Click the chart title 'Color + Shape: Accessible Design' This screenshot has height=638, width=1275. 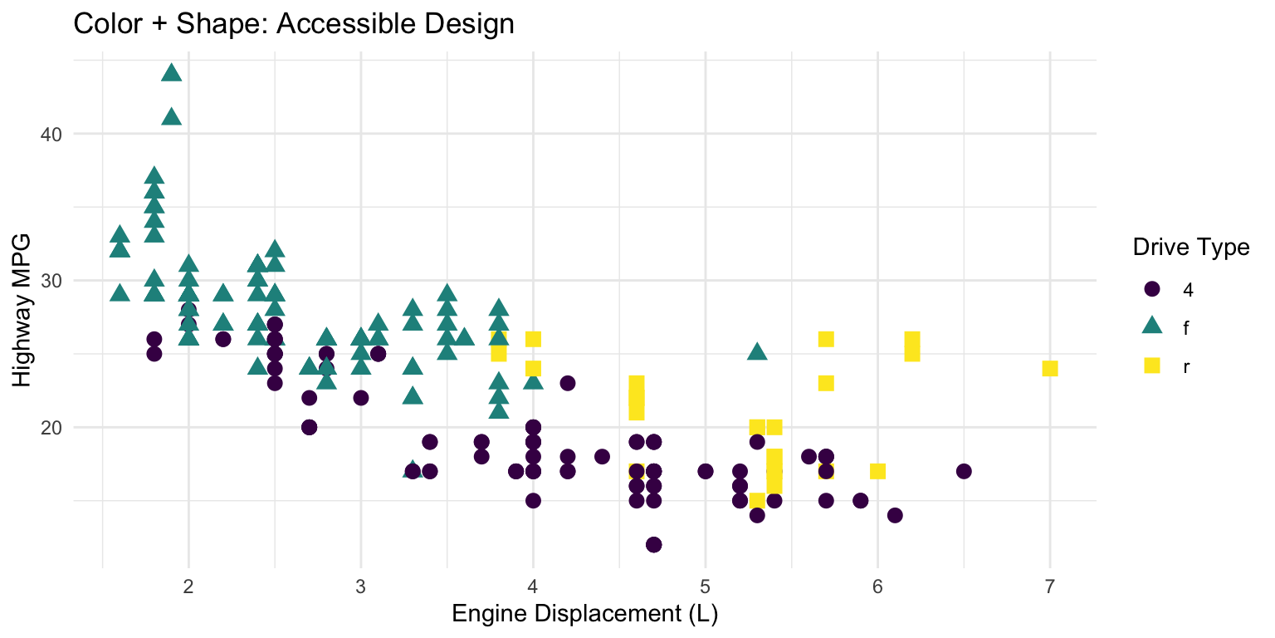point(294,23)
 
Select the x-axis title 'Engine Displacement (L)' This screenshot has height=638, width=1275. point(584,615)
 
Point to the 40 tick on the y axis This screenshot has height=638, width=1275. point(52,134)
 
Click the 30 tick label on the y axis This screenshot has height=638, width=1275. point(52,281)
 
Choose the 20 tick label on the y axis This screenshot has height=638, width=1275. point(52,427)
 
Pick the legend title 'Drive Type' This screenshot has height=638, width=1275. point(1192,248)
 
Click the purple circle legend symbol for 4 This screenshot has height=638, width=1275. point(1151,289)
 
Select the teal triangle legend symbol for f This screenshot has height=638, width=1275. point(1151,326)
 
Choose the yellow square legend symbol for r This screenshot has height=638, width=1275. point(1151,366)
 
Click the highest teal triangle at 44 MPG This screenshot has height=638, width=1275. point(172,73)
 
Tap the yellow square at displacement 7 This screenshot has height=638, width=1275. point(1049,368)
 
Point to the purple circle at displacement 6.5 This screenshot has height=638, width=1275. point(964,471)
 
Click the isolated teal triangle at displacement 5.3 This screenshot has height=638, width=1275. point(757,352)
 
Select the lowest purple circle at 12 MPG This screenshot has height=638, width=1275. point(653,544)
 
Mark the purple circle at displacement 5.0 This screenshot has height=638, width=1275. point(706,471)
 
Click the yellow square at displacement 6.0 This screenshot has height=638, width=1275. point(877,471)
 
